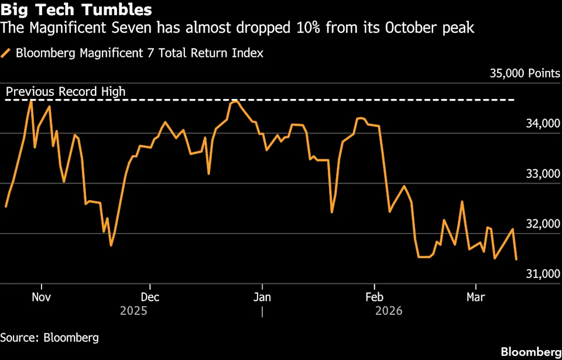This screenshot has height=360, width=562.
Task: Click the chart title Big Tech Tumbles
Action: click(77, 10)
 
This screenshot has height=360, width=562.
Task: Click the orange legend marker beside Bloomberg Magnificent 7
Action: click(6, 53)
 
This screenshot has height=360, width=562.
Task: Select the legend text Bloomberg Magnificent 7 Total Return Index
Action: click(139, 53)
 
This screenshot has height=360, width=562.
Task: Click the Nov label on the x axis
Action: click(41, 297)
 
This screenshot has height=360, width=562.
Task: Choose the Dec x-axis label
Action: click(150, 297)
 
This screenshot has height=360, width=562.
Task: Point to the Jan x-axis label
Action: click(262, 297)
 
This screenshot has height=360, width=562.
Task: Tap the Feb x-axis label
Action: click(373, 297)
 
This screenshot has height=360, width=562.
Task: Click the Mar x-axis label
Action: click(475, 297)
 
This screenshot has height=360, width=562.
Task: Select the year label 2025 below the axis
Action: click(134, 311)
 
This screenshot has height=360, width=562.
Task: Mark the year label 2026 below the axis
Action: click(389, 311)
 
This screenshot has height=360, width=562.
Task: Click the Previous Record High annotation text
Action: click(66, 92)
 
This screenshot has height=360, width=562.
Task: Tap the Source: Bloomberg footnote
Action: click(49, 338)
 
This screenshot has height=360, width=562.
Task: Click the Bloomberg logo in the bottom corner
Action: click(530, 352)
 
